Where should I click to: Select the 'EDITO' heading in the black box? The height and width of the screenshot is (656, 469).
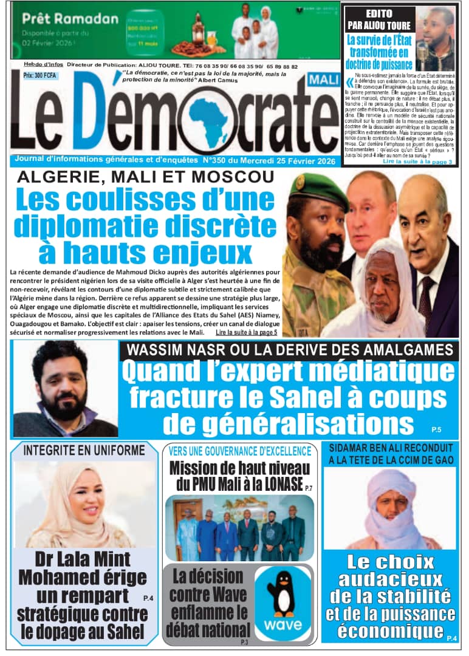coord(379,13)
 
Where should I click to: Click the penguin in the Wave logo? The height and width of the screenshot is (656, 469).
coord(281,592)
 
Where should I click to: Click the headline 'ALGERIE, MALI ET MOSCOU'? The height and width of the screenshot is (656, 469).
coord(146,177)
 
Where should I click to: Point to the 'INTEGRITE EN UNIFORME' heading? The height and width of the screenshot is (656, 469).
coord(84,450)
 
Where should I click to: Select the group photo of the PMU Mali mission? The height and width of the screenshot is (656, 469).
coord(239,527)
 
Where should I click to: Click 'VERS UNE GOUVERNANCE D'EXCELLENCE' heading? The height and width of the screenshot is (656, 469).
coord(239,451)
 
